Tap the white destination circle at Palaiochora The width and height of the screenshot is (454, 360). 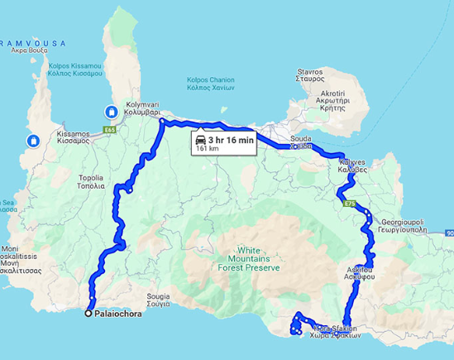[88, 314]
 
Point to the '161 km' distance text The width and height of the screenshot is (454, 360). [208, 150]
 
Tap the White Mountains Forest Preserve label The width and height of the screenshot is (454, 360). [259, 258]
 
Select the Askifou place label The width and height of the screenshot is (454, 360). [361, 274]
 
